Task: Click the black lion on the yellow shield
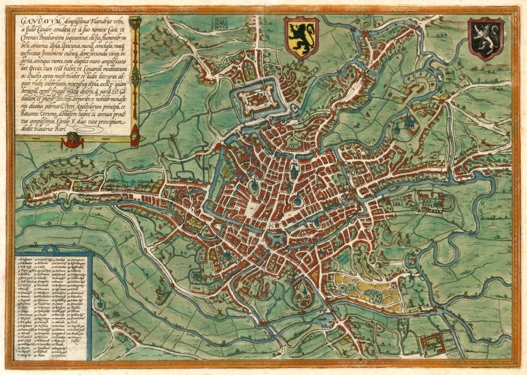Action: point(301,38)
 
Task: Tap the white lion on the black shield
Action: point(485,39)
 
